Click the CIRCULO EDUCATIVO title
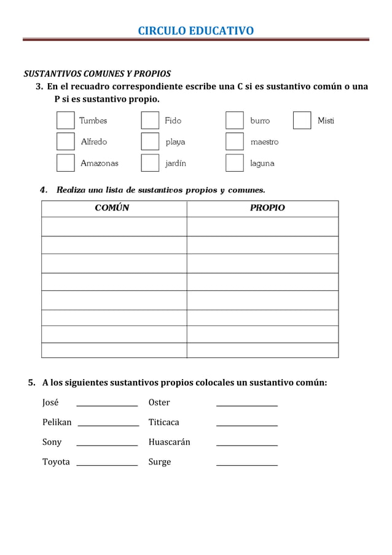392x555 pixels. tap(195, 31)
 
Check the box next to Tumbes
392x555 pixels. tap(66, 121)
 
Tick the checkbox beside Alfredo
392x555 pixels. tap(66, 142)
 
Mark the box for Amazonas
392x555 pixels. tap(66, 163)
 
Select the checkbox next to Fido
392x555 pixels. tap(150, 121)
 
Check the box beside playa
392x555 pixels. tap(150, 142)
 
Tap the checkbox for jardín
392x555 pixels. tap(150, 163)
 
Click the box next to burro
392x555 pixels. tap(235, 121)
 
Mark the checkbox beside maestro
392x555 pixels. tap(235, 142)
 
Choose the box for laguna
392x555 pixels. tap(235, 163)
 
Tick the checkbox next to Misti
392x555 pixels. tap(302, 121)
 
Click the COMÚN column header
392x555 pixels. tap(112, 208)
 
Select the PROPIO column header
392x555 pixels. tap(267, 208)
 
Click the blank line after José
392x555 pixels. tap(107, 404)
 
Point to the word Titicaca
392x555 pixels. tap(163, 422)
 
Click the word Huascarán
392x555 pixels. tap(169, 442)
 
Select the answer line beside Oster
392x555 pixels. tap(246, 404)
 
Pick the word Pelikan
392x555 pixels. tap(57, 422)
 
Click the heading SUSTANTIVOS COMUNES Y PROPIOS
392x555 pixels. tap(97, 74)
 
